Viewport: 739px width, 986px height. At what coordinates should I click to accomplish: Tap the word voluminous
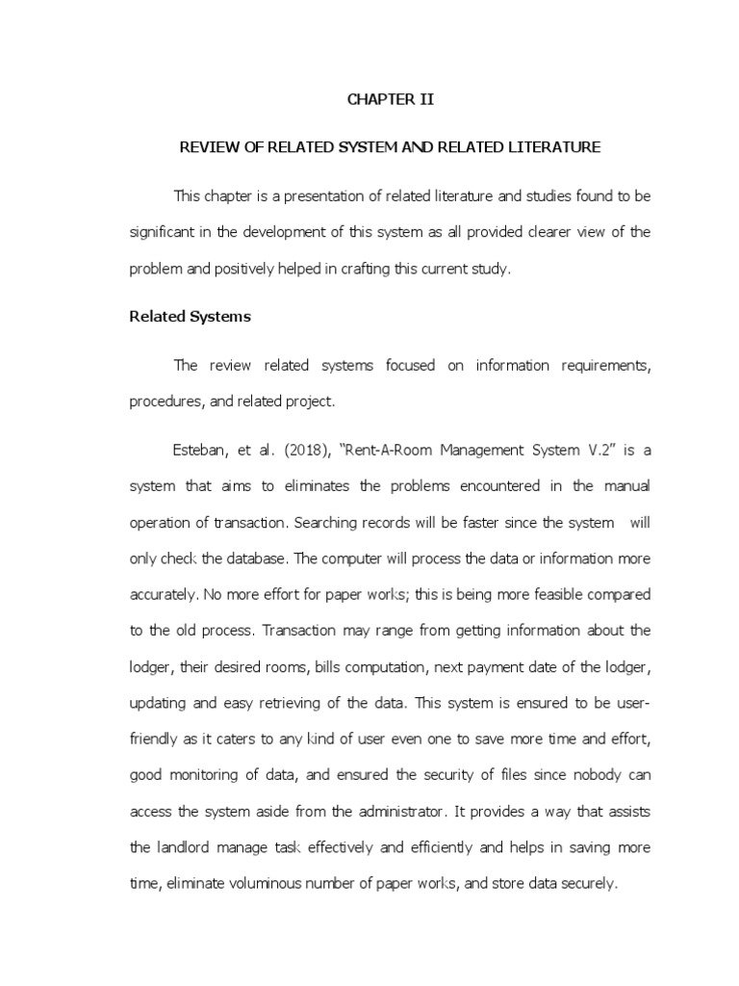243,884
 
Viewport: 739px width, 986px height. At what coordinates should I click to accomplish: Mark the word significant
163,234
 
